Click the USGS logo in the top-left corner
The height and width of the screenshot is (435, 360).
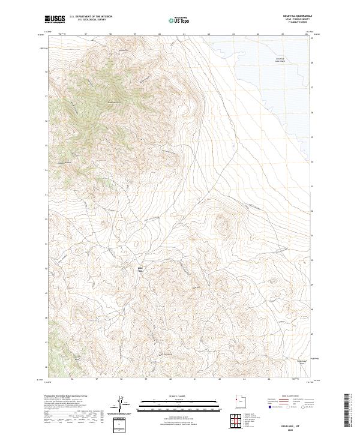55,19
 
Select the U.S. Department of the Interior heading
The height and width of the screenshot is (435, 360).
91,16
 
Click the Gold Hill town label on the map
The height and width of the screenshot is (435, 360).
142,269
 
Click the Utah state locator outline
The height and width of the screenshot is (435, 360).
238,400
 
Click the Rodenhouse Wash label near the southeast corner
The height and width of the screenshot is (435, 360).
303,361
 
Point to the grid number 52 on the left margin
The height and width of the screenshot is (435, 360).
46,219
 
